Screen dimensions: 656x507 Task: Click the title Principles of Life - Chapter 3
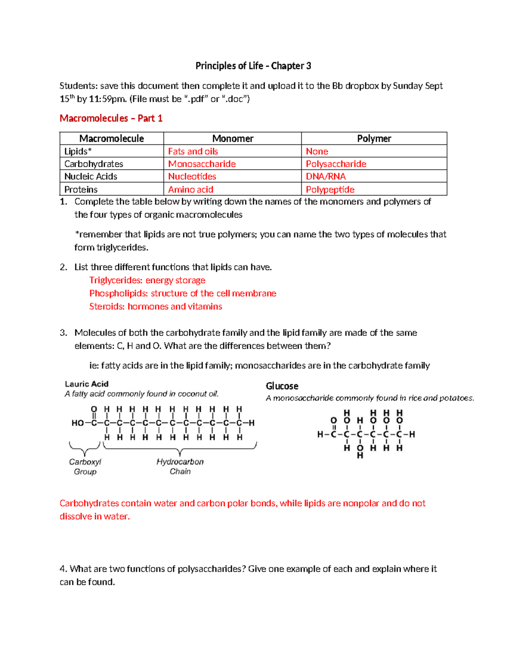tap(253, 66)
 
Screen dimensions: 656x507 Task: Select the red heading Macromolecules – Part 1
tap(111, 118)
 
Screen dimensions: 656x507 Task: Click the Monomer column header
tap(232, 139)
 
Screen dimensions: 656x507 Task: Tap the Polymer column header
tap(374, 139)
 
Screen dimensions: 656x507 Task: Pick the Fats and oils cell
tap(193, 151)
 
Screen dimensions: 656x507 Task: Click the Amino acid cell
tap(191, 190)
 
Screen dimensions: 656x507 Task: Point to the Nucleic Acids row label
tap(90, 177)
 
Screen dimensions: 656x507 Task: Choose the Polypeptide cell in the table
tap(330, 190)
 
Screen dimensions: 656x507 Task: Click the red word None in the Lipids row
tap(317, 151)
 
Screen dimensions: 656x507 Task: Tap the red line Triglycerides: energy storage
tap(147, 280)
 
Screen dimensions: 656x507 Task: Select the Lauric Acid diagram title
tap(87, 384)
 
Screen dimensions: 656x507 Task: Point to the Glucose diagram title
tap(282, 386)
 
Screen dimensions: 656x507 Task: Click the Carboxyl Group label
tap(85, 467)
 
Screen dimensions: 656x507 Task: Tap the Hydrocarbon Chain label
tap(180, 466)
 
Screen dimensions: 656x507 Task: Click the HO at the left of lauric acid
tap(78, 423)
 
